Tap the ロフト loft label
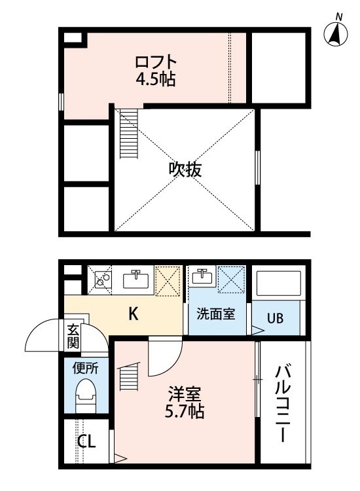(x=156, y=62)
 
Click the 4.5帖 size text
(x=156, y=79)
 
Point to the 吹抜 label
(x=185, y=170)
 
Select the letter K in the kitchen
(x=134, y=314)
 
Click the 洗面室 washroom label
(x=216, y=314)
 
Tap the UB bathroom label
(x=275, y=318)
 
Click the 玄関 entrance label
(x=73, y=337)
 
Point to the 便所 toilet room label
(x=85, y=368)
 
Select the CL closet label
(x=86, y=442)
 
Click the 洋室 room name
(x=185, y=394)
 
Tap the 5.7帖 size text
(x=185, y=411)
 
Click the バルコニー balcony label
(x=283, y=404)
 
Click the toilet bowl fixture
(x=85, y=396)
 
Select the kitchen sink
(x=136, y=280)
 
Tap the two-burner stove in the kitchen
(x=103, y=280)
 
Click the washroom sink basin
(x=202, y=277)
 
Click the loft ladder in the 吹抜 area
(x=129, y=134)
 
